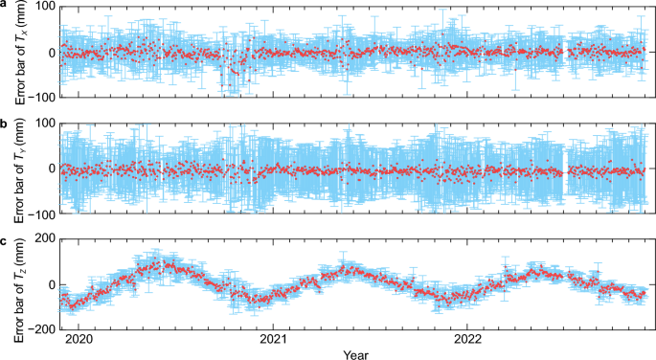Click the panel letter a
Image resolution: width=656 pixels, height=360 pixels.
tap(5, 7)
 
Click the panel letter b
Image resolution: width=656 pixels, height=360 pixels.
tap(5, 124)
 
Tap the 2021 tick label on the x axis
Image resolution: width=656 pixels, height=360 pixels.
tap(274, 337)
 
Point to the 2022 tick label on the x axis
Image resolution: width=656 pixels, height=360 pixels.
tap(467, 337)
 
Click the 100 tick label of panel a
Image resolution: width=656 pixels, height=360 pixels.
tap(42, 9)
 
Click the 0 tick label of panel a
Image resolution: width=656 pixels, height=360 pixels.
tap(50, 52)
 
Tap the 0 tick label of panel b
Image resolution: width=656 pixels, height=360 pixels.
tap(50, 169)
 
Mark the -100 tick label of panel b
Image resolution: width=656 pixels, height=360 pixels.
tap(39, 212)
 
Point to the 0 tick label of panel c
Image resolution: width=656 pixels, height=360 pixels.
tap(50, 286)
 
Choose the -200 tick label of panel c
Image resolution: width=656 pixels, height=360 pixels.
tap(39, 328)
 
